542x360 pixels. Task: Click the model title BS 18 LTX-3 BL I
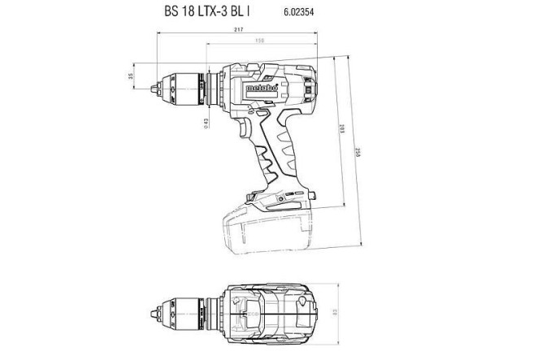[x=213, y=13]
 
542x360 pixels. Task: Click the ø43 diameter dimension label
[x=206, y=122]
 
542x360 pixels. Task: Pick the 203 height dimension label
[x=344, y=130]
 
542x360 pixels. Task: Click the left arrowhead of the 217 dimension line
[x=156, y=37]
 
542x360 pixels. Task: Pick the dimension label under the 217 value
[x=259, y=41]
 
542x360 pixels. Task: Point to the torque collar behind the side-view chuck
[x=214, y=83]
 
